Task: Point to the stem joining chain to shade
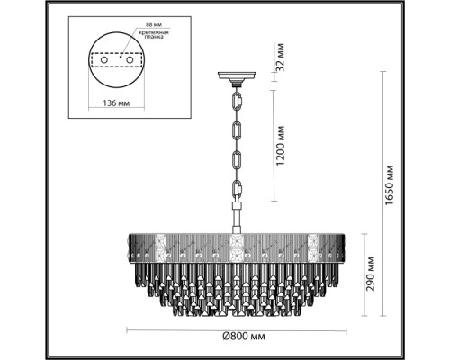[x=238, y=216]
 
